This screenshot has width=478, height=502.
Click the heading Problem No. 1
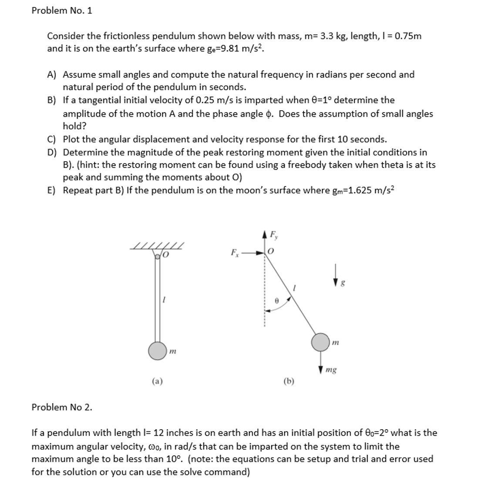click(62, 10)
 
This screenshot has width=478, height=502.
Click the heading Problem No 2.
click(62, 407)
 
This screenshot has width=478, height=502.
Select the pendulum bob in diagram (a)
click(157, 351)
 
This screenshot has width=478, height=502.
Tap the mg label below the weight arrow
click(331, 371)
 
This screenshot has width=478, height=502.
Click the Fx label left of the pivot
click(234, 252)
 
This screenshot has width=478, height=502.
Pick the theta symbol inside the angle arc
click(276, 301)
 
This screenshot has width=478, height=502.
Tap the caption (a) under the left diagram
click(157, 381)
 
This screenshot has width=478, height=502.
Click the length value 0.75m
click(407, 36)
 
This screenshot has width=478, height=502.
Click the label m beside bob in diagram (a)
click(172, 351)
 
